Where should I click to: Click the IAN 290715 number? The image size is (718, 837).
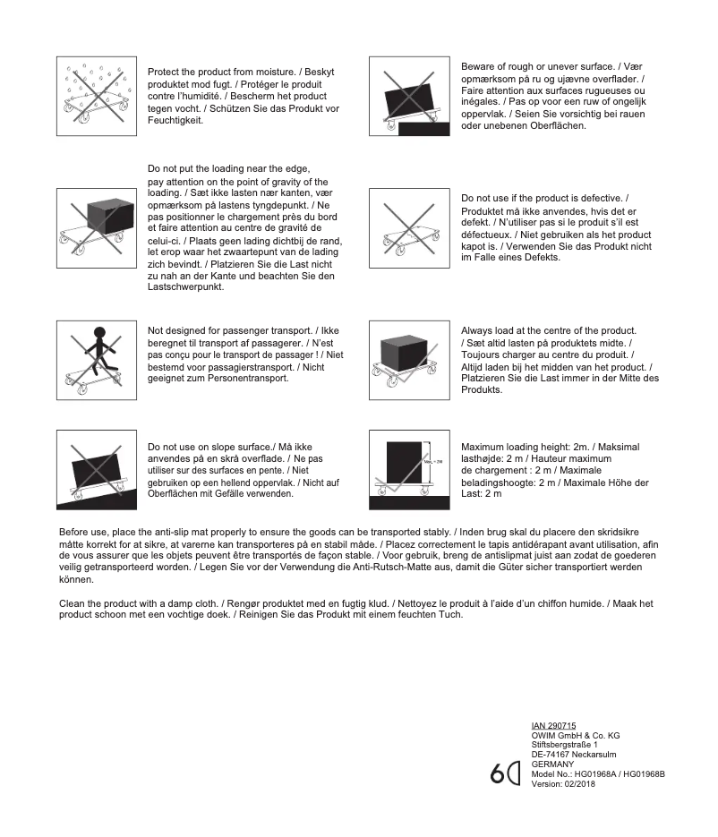click(553, 726)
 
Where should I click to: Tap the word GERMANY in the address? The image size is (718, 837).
click(551, 764)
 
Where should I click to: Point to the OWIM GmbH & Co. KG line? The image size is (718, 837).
click(576, 736)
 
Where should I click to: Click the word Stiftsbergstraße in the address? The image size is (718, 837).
click(561, 745)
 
